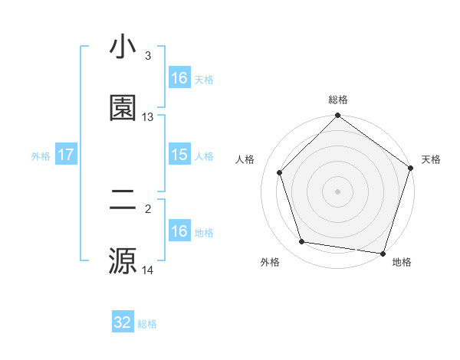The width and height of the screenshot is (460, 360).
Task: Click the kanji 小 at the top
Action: pos(123,47)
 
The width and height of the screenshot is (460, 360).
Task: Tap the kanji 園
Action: pos(123,108)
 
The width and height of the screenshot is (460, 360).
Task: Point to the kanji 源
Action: pos(123,260)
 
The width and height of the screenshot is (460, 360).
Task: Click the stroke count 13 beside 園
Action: pos(148,117)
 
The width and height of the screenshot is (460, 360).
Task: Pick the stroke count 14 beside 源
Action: pos(148,270)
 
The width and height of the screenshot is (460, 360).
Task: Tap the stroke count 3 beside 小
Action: pos(148,56)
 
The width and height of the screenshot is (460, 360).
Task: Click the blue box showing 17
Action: pos(66,155)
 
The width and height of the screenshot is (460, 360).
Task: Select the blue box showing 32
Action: pos(123,322)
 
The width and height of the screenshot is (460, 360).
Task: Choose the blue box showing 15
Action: pos(179,155)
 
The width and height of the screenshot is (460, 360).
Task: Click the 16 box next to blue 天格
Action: pos(179,78)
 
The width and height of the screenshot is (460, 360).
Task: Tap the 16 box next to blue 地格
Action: pos(179,231)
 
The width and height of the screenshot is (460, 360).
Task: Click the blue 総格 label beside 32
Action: pos(147,324)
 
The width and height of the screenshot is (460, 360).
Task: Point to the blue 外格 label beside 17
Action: pos(41,156)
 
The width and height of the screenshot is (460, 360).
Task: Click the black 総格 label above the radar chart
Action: pos(338,100)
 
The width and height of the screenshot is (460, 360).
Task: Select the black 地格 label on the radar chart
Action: pos(402,262)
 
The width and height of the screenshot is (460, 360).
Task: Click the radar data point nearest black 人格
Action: pos(279,172)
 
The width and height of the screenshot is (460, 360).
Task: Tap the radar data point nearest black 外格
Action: pos(302,242)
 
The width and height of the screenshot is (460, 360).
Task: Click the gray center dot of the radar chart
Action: pos(338,191)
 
